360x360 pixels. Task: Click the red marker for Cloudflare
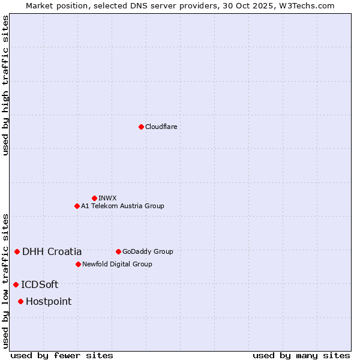tap(141, 127)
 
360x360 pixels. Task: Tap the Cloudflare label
tap(161, 127)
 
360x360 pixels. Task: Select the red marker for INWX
tap(94, 198)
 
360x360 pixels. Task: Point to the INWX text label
tap(107, 198)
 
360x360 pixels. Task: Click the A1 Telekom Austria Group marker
tap(77, 206)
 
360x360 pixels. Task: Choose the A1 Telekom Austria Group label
tap(122, 206)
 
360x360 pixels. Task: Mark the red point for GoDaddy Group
tap(118, 251)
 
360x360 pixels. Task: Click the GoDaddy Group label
tap(148, 251)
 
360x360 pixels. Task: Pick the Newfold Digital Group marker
tap(78, 264)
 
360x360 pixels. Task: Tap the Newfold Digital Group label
tap(117, 264)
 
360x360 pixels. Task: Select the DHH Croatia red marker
tap(17, 251)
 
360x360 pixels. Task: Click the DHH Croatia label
tap(52, 251)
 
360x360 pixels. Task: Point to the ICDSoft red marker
tap(16, 284)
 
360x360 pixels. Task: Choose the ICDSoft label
tap(40, 284)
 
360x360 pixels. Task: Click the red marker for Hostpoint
tap(20, 301)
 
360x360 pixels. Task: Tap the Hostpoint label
tap(49, 301)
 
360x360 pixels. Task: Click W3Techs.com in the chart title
tap(309, 5)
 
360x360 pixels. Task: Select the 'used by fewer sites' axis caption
tap(62, 355)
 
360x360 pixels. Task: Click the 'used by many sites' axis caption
tap(301, 355)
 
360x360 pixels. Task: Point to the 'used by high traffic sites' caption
tap(5, 85)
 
